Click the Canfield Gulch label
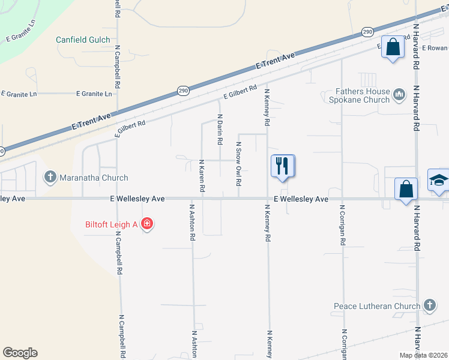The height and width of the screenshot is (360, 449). pyautogui.click(x=83, y=40)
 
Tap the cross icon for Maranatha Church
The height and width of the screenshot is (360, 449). pyautogui.click(x=50, y=178)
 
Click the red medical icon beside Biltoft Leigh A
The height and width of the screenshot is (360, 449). pyautogui.click(x=147, y=224)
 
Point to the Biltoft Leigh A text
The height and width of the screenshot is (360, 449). pyautogui.click(x=111, y=224)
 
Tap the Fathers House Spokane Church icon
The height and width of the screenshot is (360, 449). pyautogui.click(x=399, y=94)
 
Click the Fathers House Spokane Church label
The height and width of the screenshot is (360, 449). pyautogui.click(x=362, y=96)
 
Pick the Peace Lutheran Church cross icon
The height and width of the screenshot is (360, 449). pyautogui.click(x=429, y=306)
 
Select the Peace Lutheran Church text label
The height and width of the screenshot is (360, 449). pyautogui.click(x=376, y=307)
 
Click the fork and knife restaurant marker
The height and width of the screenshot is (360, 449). pyautogui.click(x=283, y=166)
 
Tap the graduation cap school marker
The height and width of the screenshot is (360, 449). pyautogui.click(x=439, y=180)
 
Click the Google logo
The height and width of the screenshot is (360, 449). pyautogui.click(x=20, y=353)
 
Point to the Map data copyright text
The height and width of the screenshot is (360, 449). pyautogui.click(x=423, y=355)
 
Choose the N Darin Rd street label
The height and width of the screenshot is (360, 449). pyautogui.click(x=220, y=130)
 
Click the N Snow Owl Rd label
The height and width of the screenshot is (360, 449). pyautogui.click(x=238, y=164)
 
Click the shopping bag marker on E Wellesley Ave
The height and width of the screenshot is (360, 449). pyautogui.click(x=406, y=188)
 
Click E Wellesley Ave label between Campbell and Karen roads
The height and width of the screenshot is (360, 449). pyautogui.click(x=137, y=199)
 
